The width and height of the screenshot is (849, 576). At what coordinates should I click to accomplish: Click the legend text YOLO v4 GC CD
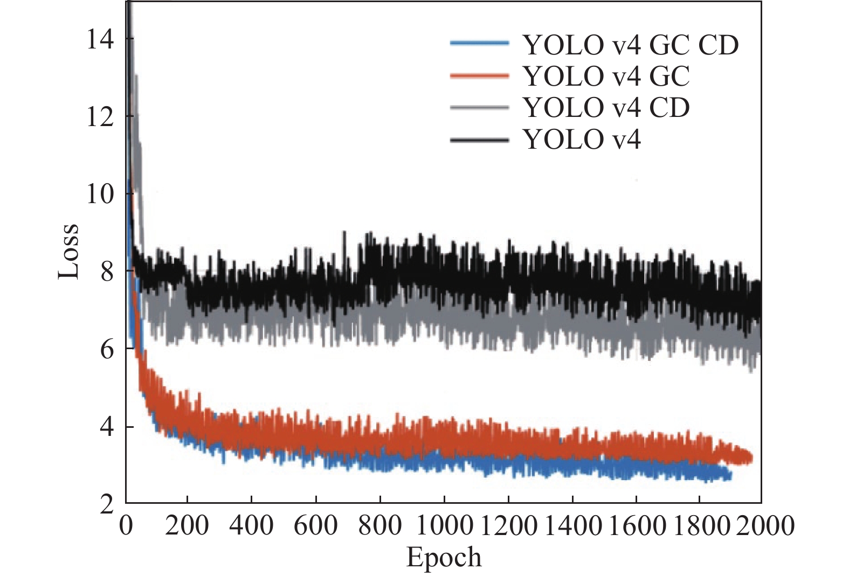pyautogui.click(x=631, y=45)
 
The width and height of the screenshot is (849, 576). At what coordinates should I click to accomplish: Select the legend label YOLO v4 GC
pyautogui.click(x=606, y=77)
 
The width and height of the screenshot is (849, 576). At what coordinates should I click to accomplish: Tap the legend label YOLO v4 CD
pyautogui.click(x=606, y=108)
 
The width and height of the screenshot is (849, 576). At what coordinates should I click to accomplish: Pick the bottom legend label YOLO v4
pyautogui.click(x=582, y=140)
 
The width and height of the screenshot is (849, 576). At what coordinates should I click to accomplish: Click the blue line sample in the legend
pyautogui.click(x=479, y=44)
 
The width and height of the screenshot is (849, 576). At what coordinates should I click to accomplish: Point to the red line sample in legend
pyautogui.click(x=479, y=76)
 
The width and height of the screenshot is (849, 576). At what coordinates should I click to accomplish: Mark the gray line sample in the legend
pyautogui.click(x=479, y=108)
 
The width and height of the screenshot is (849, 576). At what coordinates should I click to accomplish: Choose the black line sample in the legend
pyautogui.click(x=479, y=140)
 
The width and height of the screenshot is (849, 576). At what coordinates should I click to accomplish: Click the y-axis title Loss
pyautogui.click(x=69, y=251)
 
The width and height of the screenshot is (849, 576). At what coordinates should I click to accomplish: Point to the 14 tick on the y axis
pyautogui.click(x=100, y=39)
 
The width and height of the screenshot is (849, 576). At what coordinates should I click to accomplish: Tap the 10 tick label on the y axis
pyautogui.click(x=100, y=193)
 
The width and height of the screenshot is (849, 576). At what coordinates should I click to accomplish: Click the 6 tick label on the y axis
pyautogui.click(x=107, y=349)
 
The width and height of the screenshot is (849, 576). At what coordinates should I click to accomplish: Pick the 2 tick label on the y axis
pyautogui.click(x=107, y=505)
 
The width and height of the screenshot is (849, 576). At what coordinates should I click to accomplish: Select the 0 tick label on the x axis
pyautogui.click(x=126, y=525)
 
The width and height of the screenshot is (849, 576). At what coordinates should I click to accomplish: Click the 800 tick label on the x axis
pyautogui.click(x=380, y=525)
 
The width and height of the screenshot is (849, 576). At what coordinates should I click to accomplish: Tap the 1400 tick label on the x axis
pyautogui.click(x=572, y=525)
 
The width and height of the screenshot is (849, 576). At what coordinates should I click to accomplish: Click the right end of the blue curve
pyautogui.click(x=730, y=475)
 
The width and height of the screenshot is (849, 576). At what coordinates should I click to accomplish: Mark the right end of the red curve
pyautogui.click(x=751, y=458)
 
